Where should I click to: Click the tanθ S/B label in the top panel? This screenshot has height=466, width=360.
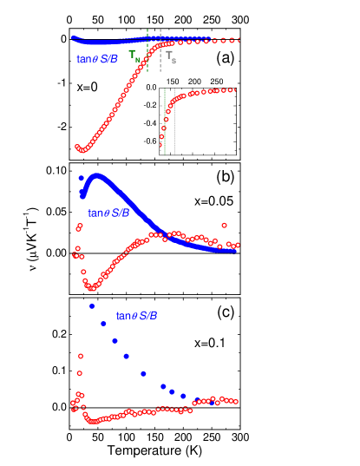[97, 59]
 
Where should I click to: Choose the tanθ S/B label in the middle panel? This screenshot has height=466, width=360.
[108, 213]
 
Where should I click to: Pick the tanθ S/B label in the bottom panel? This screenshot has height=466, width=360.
[137, 316]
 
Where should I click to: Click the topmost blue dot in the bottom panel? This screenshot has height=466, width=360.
[92, 305]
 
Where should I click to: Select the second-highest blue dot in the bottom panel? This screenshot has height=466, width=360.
[103, 324]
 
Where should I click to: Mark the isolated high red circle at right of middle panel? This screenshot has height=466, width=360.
[225, 226]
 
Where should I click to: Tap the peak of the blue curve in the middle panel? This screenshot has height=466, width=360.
[96, 175]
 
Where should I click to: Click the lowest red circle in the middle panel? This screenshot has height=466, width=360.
[91, 288]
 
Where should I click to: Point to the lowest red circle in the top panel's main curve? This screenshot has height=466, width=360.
[82, 150]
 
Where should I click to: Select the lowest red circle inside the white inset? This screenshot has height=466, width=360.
[160, 145]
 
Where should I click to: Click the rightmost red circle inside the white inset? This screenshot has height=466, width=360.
[233, 89]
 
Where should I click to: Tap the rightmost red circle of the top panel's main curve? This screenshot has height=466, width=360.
[237, 40]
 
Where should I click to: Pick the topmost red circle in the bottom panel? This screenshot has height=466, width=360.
[80, 356]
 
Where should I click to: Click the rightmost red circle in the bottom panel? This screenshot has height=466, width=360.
[235, 402]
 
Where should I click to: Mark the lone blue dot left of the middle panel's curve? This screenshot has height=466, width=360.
[81, 178]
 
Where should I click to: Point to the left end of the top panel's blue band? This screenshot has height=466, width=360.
[74, 37]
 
